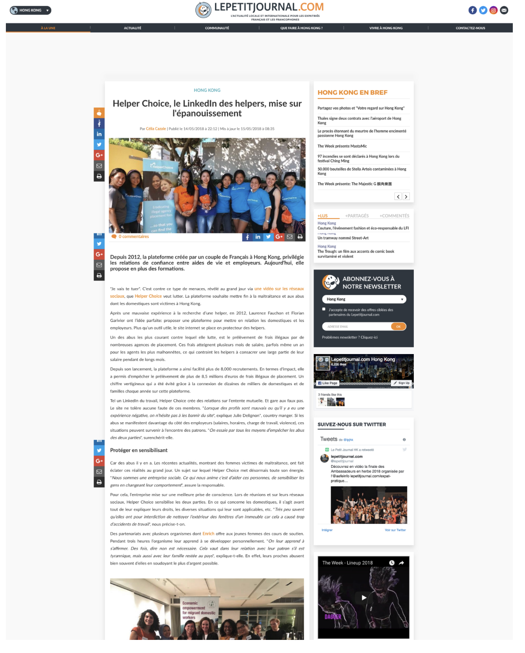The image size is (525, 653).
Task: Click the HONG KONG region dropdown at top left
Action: (x=30, y=10)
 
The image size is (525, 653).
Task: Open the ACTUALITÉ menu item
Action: (x=132, y=28)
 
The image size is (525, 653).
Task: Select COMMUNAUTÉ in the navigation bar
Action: (x=217, y=28)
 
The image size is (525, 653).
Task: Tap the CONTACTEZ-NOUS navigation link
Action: (x=470, y=28)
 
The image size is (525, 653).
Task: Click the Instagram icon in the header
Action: (x=493, y=10)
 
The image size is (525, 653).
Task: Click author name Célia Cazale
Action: (x=156, y=129)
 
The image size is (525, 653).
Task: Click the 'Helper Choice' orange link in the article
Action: (x=148, y=296)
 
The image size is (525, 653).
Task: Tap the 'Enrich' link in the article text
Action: (x=208, y=534)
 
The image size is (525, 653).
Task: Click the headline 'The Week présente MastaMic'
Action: (x=342, y=146)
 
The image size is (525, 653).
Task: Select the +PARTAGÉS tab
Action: (x=357, y=216)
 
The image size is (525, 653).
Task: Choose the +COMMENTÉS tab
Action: (x=394, y=216)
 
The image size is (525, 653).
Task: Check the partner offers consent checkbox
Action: (x=324, y=309)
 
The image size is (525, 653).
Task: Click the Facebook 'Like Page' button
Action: (x=328, y=383)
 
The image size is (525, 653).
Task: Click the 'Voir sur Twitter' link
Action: (x=395, y=530)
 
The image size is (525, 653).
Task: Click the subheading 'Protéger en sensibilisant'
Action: (x=139, y=450)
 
